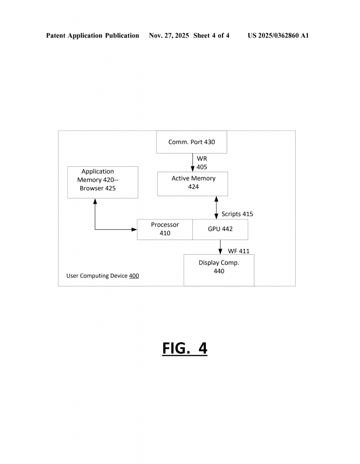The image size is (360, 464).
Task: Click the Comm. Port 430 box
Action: (191, 142)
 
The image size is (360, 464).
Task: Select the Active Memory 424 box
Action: (193, 183)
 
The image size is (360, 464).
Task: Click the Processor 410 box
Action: (165, 229)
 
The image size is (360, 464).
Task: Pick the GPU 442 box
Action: (220, 229)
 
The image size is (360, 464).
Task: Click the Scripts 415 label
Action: (237, 214)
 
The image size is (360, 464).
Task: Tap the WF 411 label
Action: (238, 251)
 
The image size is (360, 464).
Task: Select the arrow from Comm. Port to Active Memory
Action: (193, 163)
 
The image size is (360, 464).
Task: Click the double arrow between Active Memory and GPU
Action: (216, 208)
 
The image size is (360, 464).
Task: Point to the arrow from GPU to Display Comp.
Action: (220, 247)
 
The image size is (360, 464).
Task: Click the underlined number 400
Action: (134, 275)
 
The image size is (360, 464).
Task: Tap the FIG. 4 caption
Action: (185, 348)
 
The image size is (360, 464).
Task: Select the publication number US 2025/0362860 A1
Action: (278, 35)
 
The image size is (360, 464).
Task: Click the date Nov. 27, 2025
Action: (169, 35)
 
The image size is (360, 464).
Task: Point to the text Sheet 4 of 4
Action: (211, 35)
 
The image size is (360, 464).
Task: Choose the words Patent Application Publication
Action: (92, 35)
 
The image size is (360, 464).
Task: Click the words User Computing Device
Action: (97, 275)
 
